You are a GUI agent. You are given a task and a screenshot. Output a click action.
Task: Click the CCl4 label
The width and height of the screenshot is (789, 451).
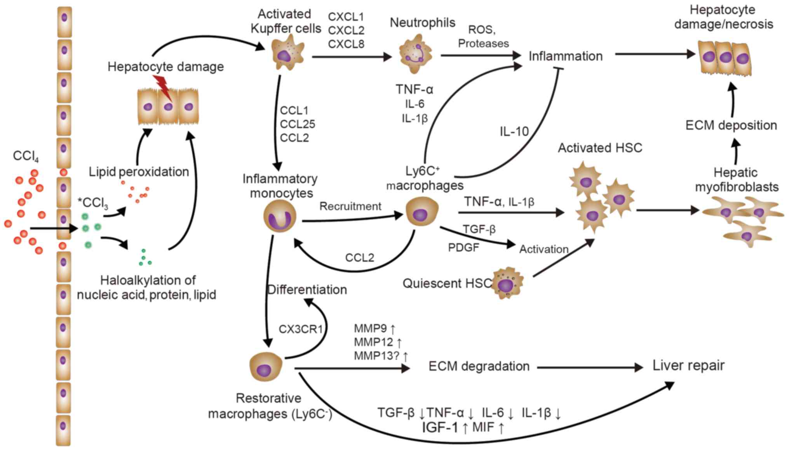[26, 156]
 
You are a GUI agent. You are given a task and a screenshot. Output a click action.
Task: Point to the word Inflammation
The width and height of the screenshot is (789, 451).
[565, 56]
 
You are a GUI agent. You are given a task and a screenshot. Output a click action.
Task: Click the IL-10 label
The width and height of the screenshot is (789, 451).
[514, 132]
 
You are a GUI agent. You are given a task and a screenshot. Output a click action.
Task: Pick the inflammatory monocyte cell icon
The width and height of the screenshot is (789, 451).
[280, 216]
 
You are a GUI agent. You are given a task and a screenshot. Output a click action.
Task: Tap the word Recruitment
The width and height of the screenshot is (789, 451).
[350, 206]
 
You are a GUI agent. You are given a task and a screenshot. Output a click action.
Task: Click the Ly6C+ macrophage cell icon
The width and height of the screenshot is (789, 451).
[422, 212]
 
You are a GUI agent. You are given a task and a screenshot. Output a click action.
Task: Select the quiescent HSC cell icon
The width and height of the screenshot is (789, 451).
[507, 283]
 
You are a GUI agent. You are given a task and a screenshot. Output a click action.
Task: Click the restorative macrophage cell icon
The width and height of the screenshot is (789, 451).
[266, 367]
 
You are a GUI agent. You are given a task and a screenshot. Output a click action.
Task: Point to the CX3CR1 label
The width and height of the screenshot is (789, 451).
[301, 329]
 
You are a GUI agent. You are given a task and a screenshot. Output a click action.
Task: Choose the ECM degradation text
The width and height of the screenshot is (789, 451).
[479, 366]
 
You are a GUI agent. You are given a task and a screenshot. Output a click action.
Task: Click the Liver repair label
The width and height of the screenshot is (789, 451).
[688, 365]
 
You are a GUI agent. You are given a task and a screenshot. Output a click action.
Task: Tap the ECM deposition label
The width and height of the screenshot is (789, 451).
[731, 125]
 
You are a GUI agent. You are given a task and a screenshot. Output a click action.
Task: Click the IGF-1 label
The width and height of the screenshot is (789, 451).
[440, 427]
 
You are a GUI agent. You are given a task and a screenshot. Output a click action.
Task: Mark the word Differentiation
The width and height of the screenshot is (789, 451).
[307, 290]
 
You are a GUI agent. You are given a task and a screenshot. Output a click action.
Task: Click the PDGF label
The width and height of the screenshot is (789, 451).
[463, 248]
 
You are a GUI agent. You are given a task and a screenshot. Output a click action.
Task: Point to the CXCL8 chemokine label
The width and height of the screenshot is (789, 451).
[346, 44]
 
